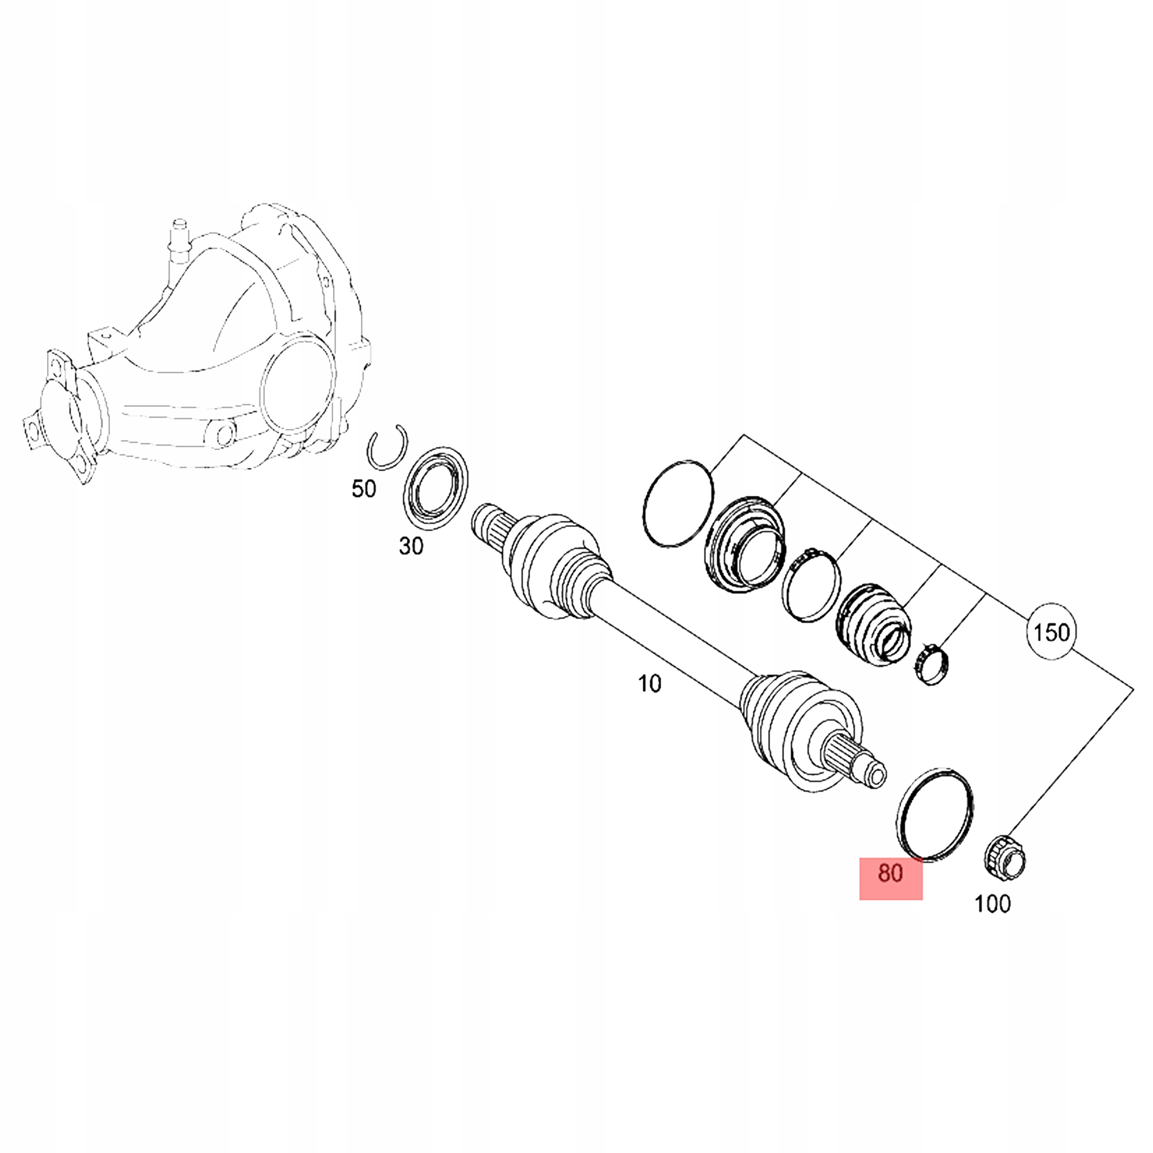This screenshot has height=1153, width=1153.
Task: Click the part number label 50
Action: click(x=363, y=489)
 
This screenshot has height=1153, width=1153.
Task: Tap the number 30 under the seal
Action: click(x=411, y=545)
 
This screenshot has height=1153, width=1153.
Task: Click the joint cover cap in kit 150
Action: click(x=745, y=543)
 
